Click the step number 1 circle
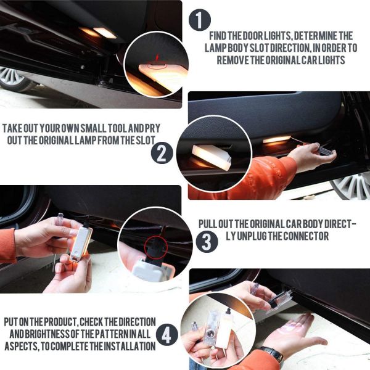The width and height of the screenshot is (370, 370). point(200,20)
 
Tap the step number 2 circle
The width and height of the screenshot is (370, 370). point(162,153)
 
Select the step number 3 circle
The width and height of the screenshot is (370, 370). point(207,241)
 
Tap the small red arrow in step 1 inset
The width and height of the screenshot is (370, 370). point(157,57)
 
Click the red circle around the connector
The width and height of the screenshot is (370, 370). point(156,247)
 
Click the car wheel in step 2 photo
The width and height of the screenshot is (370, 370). point(351,185)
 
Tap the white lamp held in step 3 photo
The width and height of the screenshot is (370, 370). point(81,243)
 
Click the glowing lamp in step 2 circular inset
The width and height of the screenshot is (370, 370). point(211,157)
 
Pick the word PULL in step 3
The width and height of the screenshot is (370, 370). point(208,224)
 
